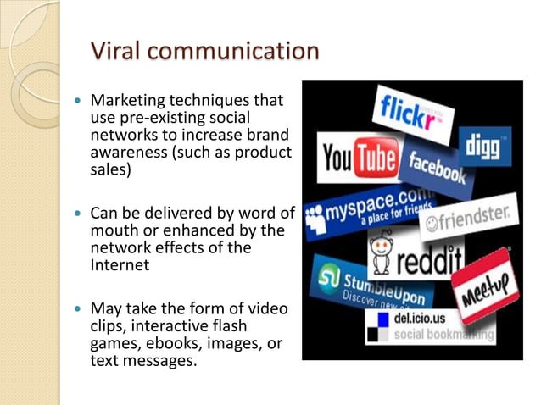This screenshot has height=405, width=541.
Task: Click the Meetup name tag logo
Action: tap(485, 285)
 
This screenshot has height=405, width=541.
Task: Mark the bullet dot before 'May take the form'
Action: tap(79, 308)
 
